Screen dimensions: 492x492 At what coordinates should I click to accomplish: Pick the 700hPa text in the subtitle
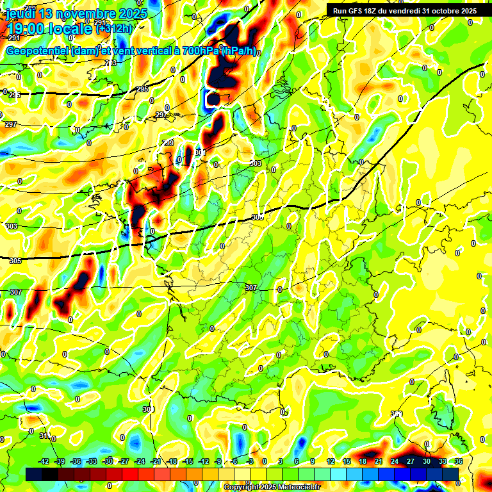[197, 51]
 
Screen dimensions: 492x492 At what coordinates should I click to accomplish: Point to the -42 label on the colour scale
[44, 461]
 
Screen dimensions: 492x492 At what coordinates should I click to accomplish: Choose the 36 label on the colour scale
[459, 461]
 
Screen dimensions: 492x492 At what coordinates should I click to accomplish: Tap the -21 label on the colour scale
[155, 461]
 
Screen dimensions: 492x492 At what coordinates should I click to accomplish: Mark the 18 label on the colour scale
[363, 461]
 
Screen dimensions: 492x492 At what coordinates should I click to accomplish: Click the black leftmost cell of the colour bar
[34, 473]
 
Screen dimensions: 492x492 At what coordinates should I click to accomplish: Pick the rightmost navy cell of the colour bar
[450, 473]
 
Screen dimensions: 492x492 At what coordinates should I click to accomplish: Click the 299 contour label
[168, 143]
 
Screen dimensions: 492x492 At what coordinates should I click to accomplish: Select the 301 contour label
[201, 152]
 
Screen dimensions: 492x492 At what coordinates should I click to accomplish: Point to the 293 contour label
[111, 63]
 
